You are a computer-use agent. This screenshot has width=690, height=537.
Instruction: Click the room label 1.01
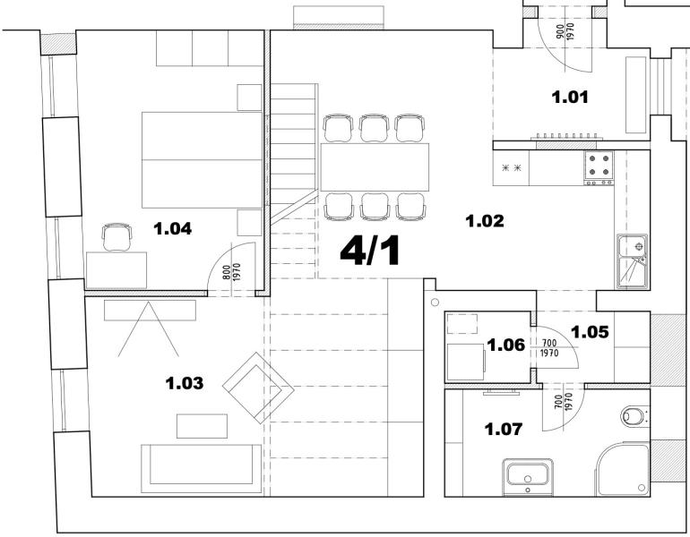point(570,97)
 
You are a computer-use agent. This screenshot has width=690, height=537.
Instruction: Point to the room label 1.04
point(173,228)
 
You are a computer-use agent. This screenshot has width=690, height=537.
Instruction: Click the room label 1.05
point(591,332)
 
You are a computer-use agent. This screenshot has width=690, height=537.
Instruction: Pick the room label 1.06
point(505,344)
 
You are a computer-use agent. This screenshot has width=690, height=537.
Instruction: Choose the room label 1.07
point(504,430)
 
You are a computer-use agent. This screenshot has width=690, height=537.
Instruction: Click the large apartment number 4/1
point(369,251)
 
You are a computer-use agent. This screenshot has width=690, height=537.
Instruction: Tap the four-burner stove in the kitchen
point(599,166)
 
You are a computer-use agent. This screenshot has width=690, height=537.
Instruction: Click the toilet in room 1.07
point(634,415)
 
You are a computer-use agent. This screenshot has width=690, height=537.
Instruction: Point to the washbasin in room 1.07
point(529,473)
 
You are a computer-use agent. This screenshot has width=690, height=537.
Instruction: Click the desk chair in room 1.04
point(117,237)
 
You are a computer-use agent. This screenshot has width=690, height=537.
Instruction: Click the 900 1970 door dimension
point(565,33)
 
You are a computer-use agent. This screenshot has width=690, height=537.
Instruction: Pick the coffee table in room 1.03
point(203,426)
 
